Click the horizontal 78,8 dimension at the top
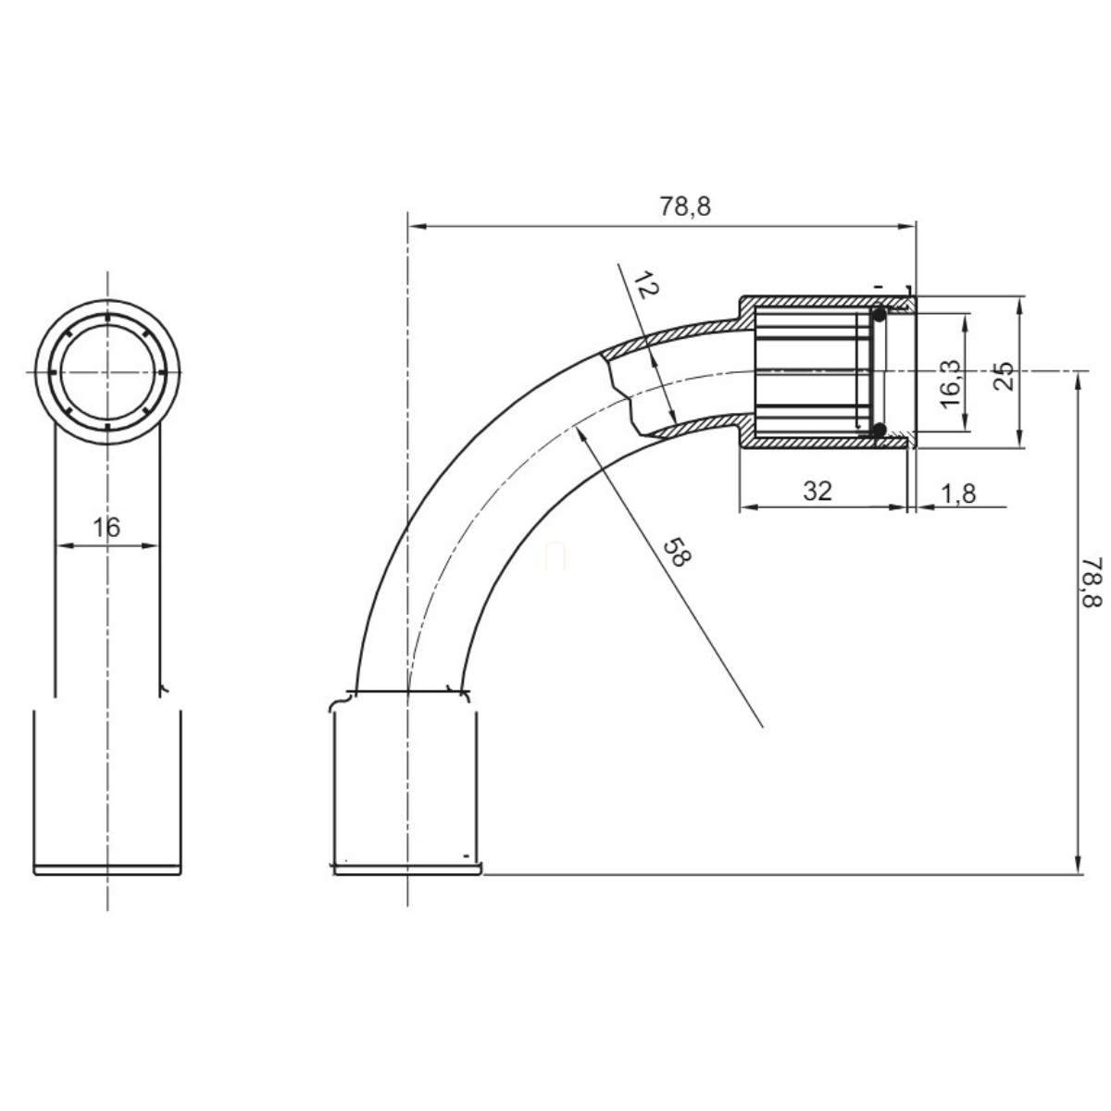685,206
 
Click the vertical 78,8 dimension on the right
1091,581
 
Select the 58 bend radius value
677,553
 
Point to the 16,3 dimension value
950,383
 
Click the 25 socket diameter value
1004,376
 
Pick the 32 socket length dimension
818,492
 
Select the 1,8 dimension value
958,494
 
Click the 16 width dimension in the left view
106,527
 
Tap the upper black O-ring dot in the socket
879,315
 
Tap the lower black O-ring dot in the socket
879,430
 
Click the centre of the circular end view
107,372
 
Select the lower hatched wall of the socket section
826,442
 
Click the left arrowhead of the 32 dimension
749,507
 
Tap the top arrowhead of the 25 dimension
1020,306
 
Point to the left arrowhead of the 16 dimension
65,545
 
